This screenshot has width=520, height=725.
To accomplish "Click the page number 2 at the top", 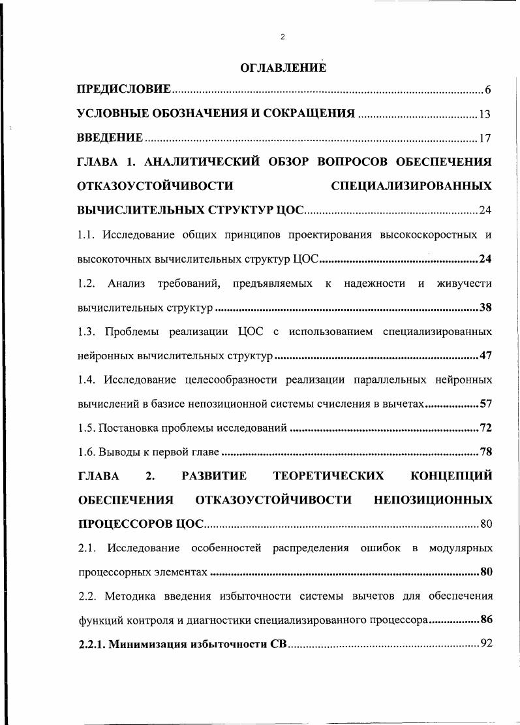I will coord(283,37).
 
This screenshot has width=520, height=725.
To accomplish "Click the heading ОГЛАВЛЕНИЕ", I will coord(283,67).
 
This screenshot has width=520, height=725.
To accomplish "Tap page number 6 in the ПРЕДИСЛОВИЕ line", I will coord(487,89).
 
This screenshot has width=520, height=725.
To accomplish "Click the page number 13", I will coord(485,114).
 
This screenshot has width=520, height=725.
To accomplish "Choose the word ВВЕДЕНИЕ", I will coord(110,138).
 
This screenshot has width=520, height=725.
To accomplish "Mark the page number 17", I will coord(485,138).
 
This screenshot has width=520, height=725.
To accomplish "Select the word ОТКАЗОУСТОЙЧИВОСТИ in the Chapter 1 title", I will coord(155,186).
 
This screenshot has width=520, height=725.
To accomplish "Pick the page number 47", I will coord(485,356).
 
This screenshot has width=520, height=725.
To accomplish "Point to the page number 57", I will coord(485,404).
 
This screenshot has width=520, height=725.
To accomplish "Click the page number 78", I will coord(485,452).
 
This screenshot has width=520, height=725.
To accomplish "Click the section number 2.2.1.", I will coord(92,645).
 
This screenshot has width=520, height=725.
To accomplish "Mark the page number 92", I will coord(485,645).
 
